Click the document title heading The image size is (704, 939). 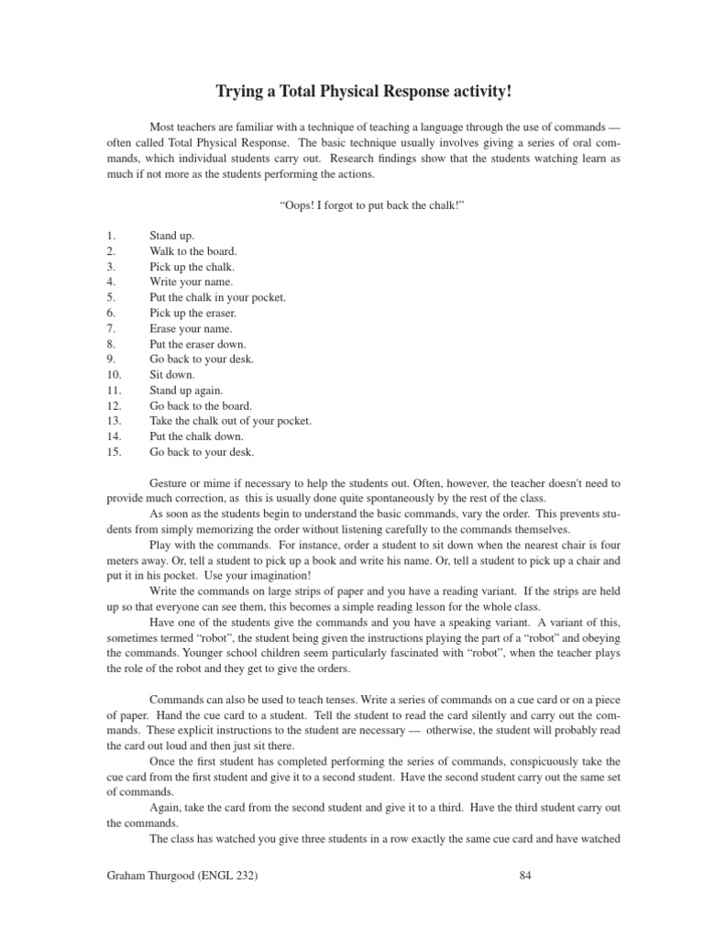352,92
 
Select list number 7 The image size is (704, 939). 111,328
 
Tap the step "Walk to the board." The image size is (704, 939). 192,251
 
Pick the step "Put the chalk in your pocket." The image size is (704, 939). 218,298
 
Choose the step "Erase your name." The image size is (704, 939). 191,328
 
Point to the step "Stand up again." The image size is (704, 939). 186,390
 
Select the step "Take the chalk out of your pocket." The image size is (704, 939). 230,421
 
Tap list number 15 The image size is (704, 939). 114,452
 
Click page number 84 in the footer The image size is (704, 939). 525,876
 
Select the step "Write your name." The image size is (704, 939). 191,282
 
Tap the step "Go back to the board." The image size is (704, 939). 201,405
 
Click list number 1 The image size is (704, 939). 111,236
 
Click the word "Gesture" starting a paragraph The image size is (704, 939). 168,482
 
